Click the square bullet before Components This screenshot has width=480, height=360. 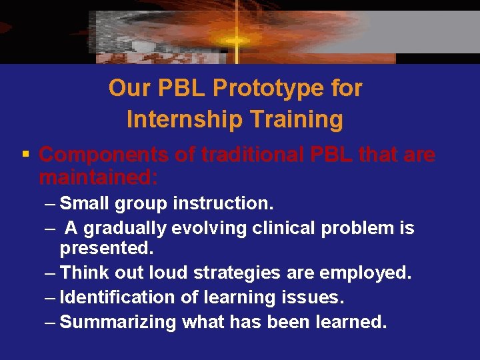click(x=25, y=155)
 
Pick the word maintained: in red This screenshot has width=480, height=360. click(x=99, y=177)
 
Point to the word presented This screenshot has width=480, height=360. click(x=107, y=249)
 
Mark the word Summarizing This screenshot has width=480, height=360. click(x=118, y=322)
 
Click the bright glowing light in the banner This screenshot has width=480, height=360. click(x=235, y=40)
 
